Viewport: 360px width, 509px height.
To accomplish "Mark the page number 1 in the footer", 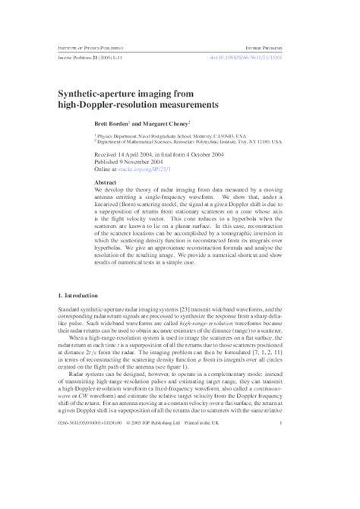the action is click(x=282, y=423).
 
